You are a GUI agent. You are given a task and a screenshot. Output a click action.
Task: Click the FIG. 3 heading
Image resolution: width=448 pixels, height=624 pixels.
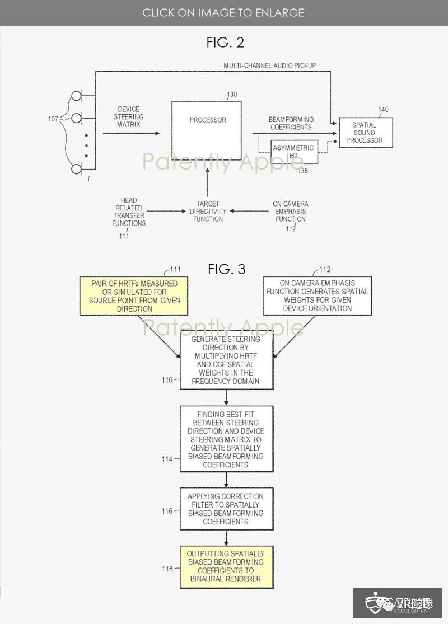tap(226, 269)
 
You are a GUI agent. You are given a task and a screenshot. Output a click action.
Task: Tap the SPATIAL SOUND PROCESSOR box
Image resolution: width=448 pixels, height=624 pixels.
tap(365, 133)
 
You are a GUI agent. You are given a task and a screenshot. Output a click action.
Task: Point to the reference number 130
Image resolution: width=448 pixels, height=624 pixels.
tap(232, 95)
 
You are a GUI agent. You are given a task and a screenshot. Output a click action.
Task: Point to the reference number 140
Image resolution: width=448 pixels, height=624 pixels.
tap(383, 110)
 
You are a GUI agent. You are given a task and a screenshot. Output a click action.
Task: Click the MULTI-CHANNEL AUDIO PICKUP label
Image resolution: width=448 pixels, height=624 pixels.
tap(270, 65)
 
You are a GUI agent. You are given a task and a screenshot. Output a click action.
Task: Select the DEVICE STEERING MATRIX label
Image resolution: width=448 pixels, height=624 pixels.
tap(129, 117)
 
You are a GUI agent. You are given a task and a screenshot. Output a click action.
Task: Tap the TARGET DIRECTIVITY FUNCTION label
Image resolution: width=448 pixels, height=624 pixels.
tap(207, 212)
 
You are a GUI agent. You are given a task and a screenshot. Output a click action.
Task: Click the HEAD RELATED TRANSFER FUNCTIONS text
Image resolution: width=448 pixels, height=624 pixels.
tap(129, 212)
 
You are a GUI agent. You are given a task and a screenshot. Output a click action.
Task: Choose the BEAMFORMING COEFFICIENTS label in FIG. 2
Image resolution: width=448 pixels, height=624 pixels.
tap(291, 123)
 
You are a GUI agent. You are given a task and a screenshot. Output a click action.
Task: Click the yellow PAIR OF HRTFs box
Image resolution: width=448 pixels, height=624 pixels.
tap(134, 296)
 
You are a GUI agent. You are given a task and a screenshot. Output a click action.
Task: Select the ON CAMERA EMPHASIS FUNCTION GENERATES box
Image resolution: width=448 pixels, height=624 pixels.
tap(316, 296)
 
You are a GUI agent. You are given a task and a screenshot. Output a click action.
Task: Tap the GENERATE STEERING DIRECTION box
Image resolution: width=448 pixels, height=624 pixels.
tap(226, 360)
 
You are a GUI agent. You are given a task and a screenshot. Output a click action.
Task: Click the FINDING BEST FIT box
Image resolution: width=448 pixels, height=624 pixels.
tap(226, 439)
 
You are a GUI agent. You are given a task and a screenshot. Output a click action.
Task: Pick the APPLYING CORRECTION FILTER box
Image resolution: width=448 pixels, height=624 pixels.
tap(226, 509)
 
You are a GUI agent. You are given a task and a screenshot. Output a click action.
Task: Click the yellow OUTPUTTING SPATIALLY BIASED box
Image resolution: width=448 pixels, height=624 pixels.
tap(226, 566)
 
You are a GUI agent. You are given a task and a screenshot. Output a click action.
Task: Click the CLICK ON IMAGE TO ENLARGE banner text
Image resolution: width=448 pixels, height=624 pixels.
tap(223, 12)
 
